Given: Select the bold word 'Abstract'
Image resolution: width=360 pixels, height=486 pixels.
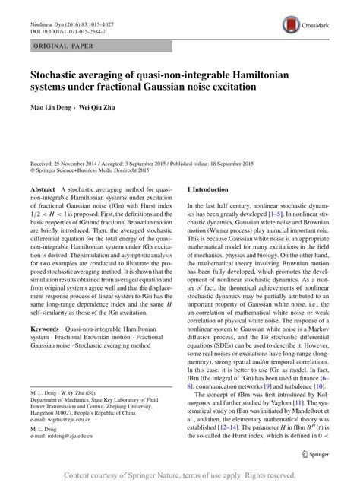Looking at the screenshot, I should pyautogui.click(x=44, y=188).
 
